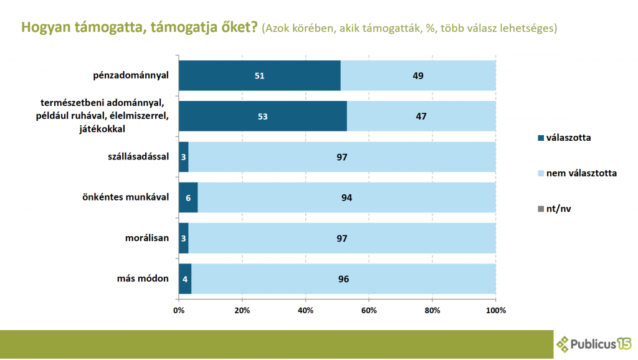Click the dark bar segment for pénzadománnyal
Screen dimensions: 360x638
pyautogui.click(x=260, y=76)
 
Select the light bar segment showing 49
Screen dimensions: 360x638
pyautogui.click(x=418, y=76)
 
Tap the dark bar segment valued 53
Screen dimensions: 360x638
pyautogui.click(x=263, y=116)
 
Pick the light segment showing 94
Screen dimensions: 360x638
pyautogui.click(x=346, y=197)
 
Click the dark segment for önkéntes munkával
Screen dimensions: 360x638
pyautogui.click(x=188, y=197)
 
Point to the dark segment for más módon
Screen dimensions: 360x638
pyautogui.click(x=185, y=278)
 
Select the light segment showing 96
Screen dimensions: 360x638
pyautogui.click(x=343, y=278)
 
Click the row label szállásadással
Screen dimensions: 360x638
pyautogui.click(x=138, y=156)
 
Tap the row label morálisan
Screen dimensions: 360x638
pyautogui.click(x=148, y=238)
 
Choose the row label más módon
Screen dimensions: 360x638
pyautogui.click(x=145, y=278)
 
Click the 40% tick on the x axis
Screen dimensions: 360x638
pyautogui.click(x=305, y=310)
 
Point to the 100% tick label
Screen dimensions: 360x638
pyautogui.click(x=495, y=310)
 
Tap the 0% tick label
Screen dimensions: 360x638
pyautogui.click(x=179, y=310)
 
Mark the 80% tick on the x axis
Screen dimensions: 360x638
pyautogui.click(x=432, y=310)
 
